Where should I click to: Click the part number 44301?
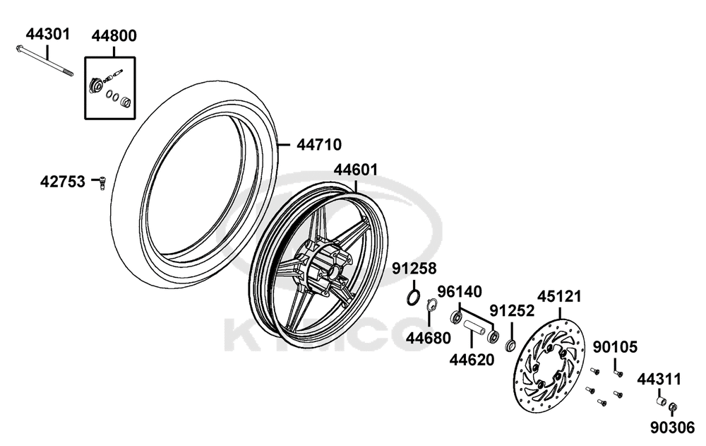[48, 34]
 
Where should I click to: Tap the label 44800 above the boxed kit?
[114, 35]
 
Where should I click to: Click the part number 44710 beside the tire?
[319, 145]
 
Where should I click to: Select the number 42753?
[63, 182]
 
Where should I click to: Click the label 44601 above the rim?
[356, 170]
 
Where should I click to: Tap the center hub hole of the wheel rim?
[334, 272]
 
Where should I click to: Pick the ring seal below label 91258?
[414, 298]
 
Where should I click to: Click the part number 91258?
[414, 269]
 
